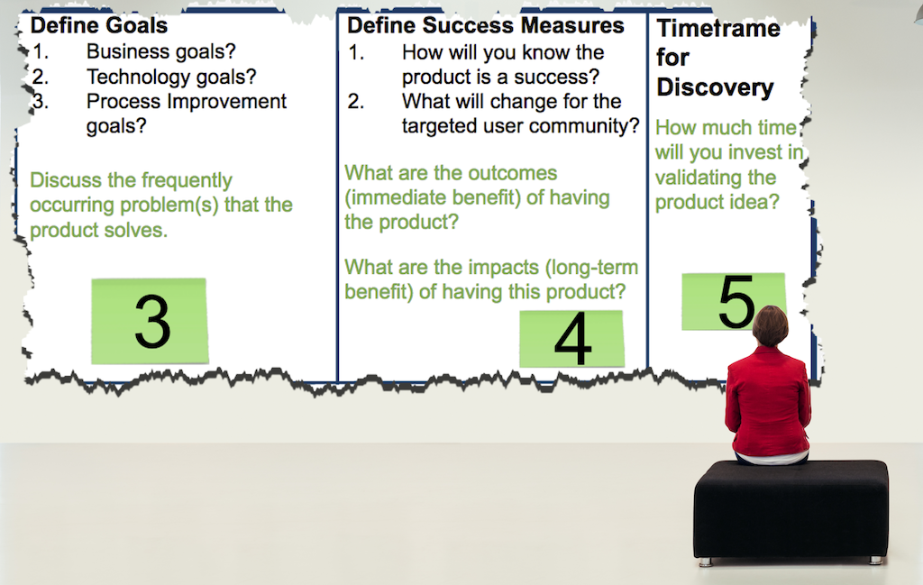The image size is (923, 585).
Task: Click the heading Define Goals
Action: (99, 25)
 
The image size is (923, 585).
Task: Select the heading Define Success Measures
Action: (486, 25)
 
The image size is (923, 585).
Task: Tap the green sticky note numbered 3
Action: (150, 321)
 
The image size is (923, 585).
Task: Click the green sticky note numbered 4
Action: (571, 339)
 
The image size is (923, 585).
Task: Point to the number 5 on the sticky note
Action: (736, 301)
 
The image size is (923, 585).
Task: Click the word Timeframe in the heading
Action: (718, 28)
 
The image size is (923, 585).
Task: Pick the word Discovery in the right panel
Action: (715, 87)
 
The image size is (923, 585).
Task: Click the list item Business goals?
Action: (161, 51)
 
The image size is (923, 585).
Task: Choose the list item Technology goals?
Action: (171, 77)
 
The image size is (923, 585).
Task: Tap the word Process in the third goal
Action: (122, 101)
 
